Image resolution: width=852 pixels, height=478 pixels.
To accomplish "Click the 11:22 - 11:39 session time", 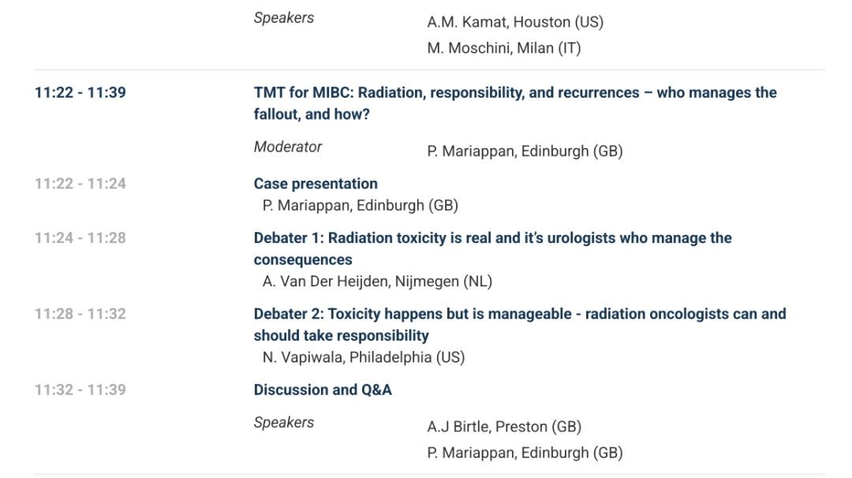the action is [80, 93].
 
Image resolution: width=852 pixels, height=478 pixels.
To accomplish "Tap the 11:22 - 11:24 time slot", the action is [80, 184].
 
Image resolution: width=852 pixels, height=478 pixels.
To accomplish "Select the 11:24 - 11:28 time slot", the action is [80, 238].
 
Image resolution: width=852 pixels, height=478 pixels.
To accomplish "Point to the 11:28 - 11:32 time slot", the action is [80, 314].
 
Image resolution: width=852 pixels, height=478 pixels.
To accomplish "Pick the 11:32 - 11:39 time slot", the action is [80, 390].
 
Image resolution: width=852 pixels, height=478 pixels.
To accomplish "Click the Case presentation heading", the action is [316, 184].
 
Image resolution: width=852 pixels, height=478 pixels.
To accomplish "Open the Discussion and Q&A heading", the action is [323, 390].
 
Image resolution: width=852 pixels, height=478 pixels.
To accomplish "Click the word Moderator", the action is [288, 147].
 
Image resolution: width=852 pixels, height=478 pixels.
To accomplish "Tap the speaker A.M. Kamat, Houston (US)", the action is [515, 22].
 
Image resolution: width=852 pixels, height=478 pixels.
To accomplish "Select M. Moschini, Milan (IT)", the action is [503, 48].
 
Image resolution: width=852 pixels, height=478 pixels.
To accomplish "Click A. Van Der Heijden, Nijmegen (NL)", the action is [377, 282].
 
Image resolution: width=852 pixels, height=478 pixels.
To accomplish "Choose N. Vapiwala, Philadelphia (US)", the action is [364, 357].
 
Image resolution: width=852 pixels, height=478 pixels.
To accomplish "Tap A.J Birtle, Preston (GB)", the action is [504, 427].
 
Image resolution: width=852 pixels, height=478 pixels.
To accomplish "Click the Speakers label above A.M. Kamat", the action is [284, 18].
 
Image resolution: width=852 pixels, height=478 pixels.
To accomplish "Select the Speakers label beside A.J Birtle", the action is [284, 423].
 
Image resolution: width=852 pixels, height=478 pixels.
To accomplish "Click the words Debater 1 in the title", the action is [289, 238].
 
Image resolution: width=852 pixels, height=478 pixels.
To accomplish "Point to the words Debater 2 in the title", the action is [289, 314].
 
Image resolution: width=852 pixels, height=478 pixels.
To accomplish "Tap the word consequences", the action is [303, 260].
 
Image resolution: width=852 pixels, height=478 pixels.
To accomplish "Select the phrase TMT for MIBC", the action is [303, 93].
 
